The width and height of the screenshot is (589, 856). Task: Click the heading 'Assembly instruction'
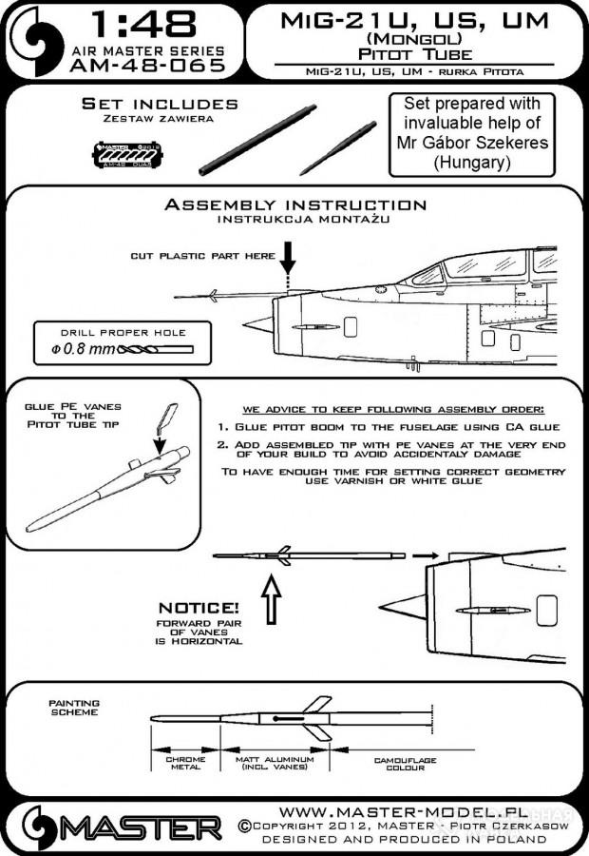295,204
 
